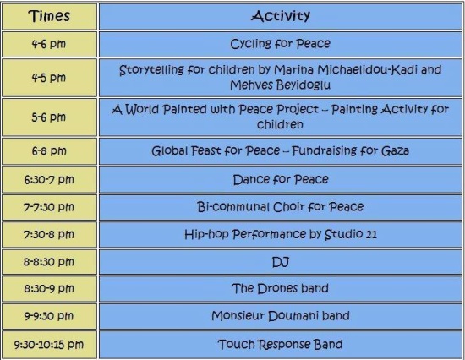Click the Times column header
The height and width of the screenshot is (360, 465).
[49, 16]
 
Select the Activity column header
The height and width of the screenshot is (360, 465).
[281, 16]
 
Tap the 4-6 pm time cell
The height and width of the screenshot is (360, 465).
[49, 44]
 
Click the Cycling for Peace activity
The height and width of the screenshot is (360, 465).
[280, 44]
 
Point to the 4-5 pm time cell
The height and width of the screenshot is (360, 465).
[49, 78]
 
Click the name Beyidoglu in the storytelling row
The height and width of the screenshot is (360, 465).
[303, 85]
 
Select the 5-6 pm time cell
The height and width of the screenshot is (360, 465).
[49, 117]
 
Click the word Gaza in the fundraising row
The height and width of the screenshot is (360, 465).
[395, 151]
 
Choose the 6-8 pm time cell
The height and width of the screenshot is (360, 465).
[49, 151]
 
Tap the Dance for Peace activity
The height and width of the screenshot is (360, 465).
[281, 180]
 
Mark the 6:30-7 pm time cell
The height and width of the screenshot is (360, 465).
[49, 180]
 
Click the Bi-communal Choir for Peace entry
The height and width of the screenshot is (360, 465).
[280, 207]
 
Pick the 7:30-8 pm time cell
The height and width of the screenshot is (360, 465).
[49, 235]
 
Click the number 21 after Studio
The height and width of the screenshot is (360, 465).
[371, 235]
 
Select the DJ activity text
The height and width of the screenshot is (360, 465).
[281, 262]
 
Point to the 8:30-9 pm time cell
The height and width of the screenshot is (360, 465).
[49, 288]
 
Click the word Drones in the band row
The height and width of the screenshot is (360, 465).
[277, 288]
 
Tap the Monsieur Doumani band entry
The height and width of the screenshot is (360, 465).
[281, 316]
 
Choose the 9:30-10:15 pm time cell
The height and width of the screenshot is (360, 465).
[49, 345]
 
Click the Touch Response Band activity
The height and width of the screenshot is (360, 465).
[280, 344]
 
